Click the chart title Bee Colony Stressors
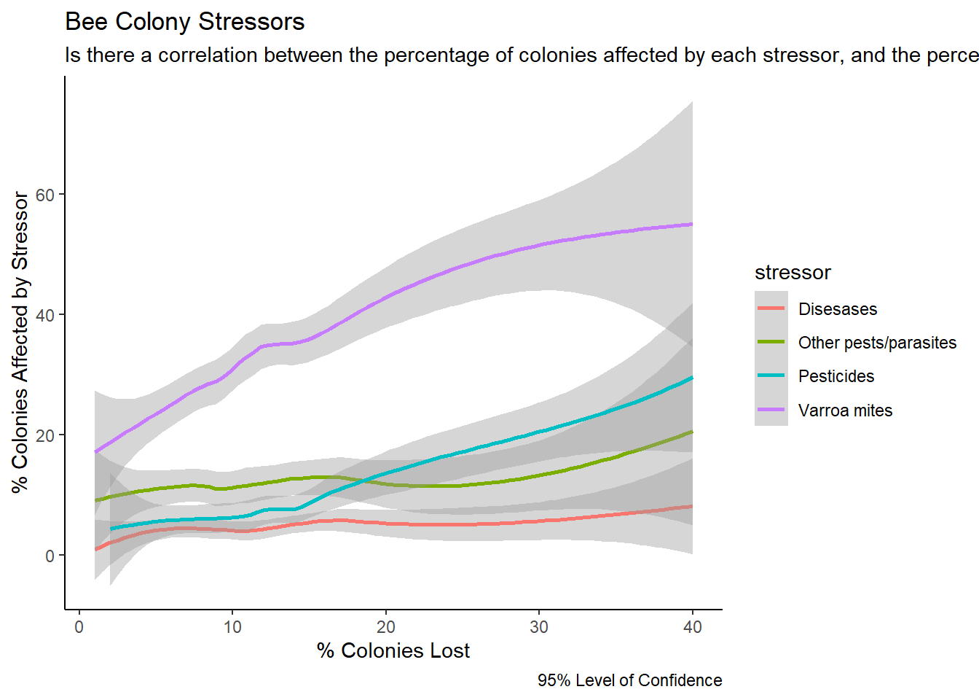(x=184, y=22)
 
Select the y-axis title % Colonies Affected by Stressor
(x=20, y=342)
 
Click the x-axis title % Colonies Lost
(x=393, y=650)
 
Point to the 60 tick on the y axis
(x=45, y=195)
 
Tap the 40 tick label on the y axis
(x=45, y=315)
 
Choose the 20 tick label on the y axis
(x=45, y=435)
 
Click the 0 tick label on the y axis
(x=50, y=556)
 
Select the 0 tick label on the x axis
(x=79, y=627)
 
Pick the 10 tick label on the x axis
(x=232, y=627)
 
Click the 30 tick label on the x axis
(x=539, y=627)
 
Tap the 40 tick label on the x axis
(x=692, y=627)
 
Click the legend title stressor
(x=793, y=273)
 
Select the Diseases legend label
(x=838, y=309)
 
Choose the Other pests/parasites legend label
(x=877, y=343)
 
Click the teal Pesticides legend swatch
(x=771, y=376)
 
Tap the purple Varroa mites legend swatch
(x=771, y=410)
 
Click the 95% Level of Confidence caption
(x=629, y=680)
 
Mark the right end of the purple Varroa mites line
(x=691, y=225)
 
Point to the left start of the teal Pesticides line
(x=111, y=529)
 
